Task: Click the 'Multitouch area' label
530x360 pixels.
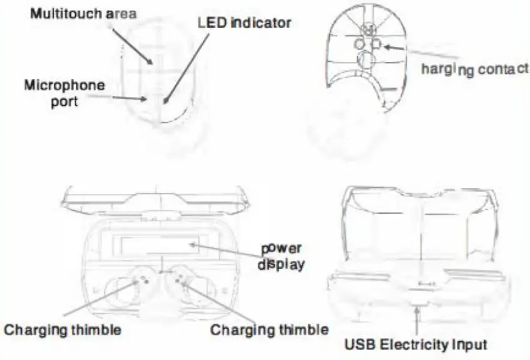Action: tap(83, 13)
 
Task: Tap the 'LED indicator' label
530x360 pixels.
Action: tap(244, 23)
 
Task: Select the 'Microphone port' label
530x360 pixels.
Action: tap(64, 92)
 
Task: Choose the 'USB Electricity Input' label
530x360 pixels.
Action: tap(417, 344)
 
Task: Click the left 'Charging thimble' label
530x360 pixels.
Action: tap(63, 328)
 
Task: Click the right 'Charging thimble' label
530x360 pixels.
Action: tap(269, 329)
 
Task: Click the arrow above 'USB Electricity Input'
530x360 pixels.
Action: tap(415, 319)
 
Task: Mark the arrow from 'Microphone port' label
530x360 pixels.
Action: tap(125, 98)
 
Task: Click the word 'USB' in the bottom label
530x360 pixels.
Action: tap(360, 344)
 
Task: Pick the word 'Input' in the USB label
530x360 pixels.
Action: tap(469, 344)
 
